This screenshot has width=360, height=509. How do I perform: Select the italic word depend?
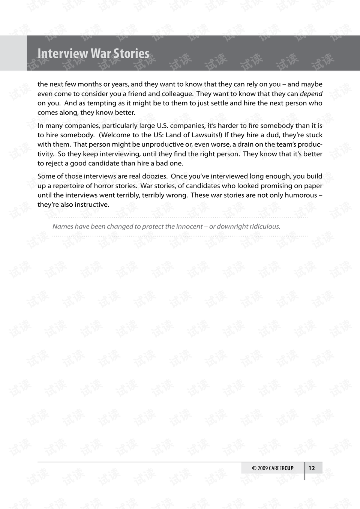(x=311, y=94)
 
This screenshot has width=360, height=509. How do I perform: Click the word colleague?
(x=177, y=94)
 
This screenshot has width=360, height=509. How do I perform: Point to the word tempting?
(x=102, y=103)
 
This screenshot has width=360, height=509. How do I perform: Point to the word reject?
(x=56, y=163)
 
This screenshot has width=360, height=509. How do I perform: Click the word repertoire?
(x=72, y=186)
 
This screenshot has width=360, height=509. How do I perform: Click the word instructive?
(x=91, y=204)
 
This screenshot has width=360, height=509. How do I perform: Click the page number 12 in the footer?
(x=312, y=468)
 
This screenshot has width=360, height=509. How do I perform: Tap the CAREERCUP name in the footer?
(x=281, y=468)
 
